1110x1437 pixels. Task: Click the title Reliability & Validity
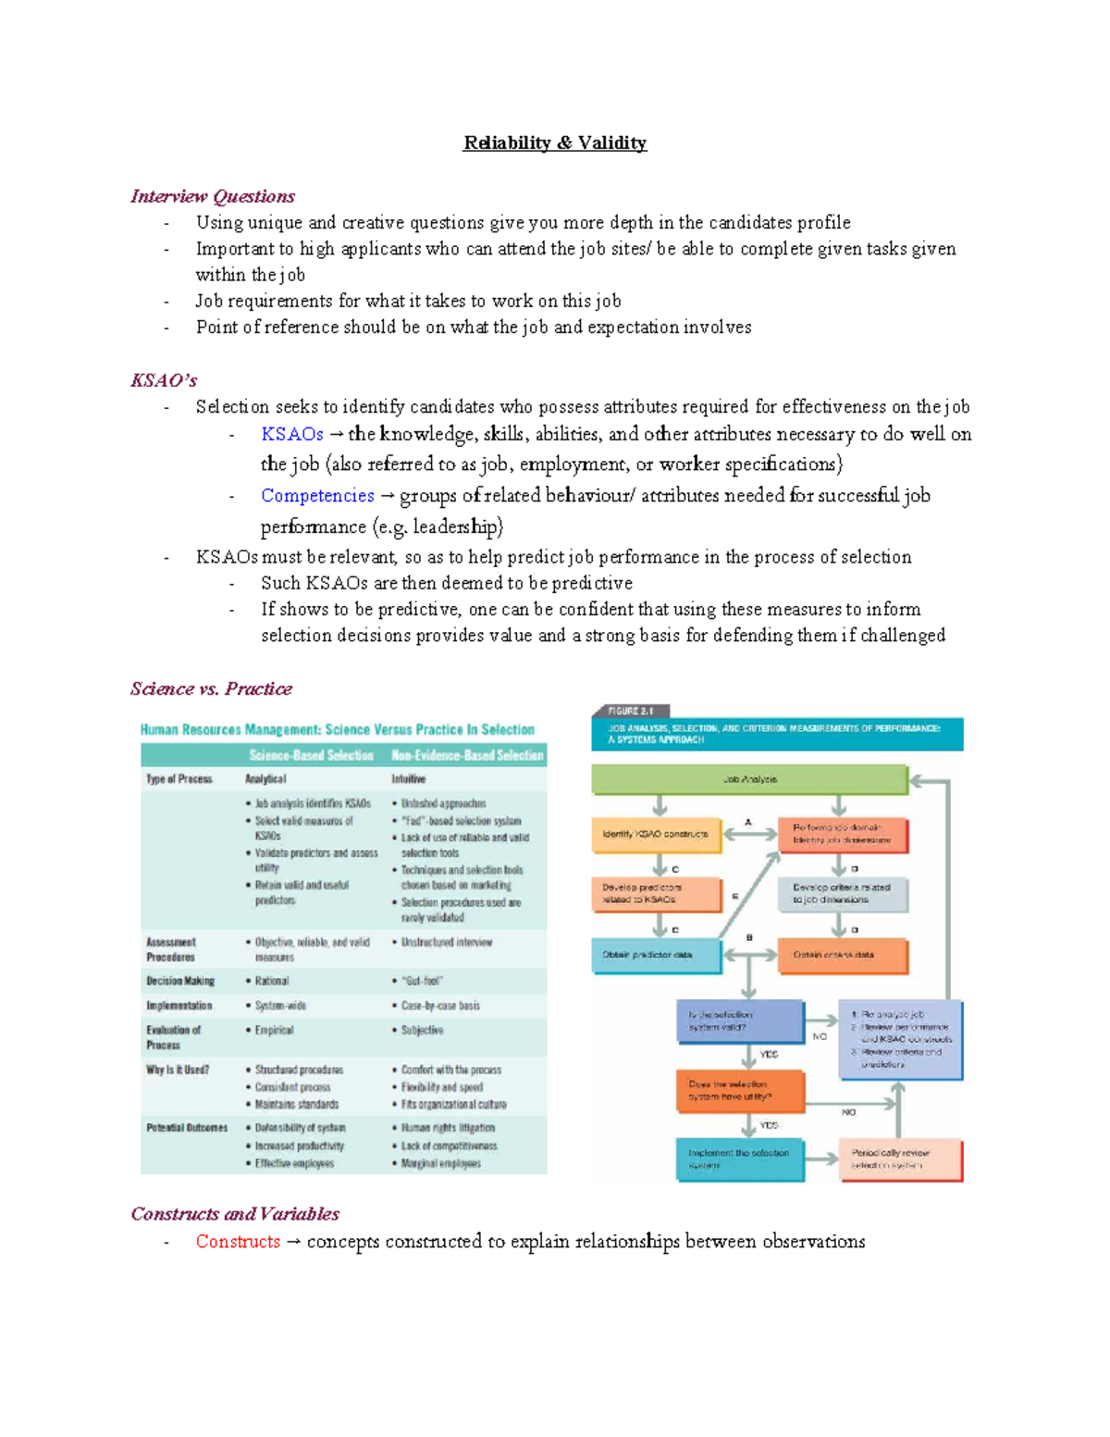555,142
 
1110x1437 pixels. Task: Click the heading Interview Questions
213,196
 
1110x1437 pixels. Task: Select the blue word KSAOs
291,434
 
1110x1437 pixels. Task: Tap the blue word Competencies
317,496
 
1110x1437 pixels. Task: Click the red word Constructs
238,1242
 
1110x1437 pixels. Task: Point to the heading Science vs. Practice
211,688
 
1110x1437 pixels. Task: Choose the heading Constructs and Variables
235,1214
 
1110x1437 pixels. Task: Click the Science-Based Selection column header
311,755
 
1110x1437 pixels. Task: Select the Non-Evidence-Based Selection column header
467,755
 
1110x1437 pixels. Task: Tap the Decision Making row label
180,981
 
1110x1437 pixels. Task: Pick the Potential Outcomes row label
187,1128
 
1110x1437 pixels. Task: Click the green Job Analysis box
749,779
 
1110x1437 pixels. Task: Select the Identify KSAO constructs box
655,834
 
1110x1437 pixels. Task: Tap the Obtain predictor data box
655,955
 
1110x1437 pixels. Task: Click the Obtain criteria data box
843,955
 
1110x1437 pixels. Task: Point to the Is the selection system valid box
739,1021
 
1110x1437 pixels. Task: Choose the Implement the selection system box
739,1159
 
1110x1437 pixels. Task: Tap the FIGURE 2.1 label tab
631,711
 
